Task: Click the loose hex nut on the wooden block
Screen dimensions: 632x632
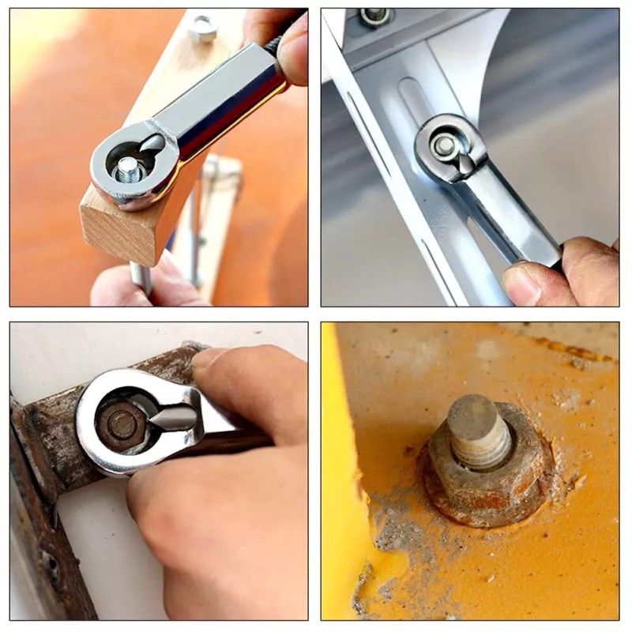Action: coord(203,28)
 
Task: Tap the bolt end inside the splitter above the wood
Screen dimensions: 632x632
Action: coord(127,167)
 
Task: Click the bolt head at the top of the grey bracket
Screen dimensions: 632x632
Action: coord(374,17)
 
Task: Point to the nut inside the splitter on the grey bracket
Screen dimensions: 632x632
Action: coord(444,145)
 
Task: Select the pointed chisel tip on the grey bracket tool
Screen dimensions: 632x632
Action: coord(467,163)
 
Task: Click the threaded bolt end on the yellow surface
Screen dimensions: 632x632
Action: coord(479,431)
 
